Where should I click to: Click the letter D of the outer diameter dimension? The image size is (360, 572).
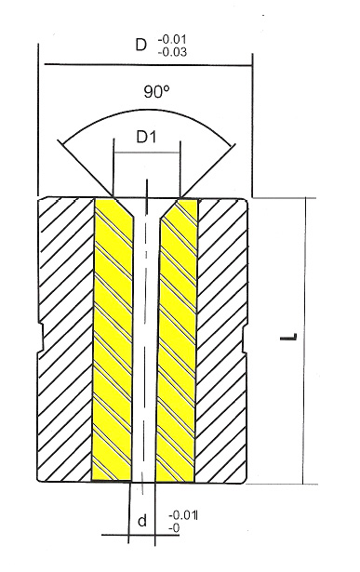[x=140, y=45]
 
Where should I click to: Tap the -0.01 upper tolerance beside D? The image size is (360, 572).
[x=172, y=39]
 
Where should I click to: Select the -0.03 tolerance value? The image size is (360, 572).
[x=172, y=52]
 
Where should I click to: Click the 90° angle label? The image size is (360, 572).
[x=156, y=91]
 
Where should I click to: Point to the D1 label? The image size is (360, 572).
[x=146, y=137]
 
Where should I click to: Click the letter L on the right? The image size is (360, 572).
[x=288, y=337]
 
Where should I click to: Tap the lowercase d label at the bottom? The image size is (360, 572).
[x=142, y=521]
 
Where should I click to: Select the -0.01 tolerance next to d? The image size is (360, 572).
[x=182, y=515]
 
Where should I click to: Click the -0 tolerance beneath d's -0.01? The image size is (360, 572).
[x=174, y=528]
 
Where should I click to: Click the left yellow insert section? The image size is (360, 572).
[x=113, y=339]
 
